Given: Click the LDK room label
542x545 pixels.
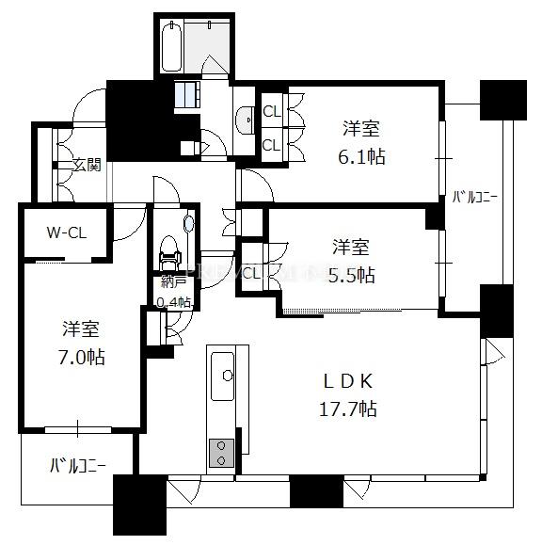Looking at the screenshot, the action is tap(348, 381).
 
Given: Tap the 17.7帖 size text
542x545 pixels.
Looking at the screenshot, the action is tap(348, 409).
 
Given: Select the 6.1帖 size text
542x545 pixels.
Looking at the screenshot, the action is tap(361, 156).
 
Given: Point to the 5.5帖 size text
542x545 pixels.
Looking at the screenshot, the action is tap(352, 275).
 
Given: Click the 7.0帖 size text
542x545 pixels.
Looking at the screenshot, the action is tap(82, 357).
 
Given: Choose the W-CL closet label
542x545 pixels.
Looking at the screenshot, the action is tap(67, 232).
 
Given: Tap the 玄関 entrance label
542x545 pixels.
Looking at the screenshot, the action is tap(88, 165).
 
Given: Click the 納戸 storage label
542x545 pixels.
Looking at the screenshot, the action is tap(173, 282).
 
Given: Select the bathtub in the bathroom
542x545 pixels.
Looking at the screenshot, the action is tap(171, 46).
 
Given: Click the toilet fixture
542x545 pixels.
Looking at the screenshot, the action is tap(170, 253).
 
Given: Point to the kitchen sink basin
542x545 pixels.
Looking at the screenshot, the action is tap(222, 377).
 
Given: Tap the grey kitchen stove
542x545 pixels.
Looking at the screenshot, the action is tap(221, 453).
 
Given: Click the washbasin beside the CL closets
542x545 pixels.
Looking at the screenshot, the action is tap(245, 120).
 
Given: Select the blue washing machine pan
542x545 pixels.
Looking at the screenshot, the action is tap(187, 94).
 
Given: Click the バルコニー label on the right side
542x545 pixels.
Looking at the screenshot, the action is tap(474, 198).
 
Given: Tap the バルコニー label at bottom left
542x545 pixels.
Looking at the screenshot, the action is tap(78, 465).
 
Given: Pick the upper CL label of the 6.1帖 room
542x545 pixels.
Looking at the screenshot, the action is tap(272, 112).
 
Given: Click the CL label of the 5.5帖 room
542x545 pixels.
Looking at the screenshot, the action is tap(251, 273).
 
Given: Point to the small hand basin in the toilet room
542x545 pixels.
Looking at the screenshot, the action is tap(188, 224).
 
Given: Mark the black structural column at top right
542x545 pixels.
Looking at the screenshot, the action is tap(503, 100).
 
